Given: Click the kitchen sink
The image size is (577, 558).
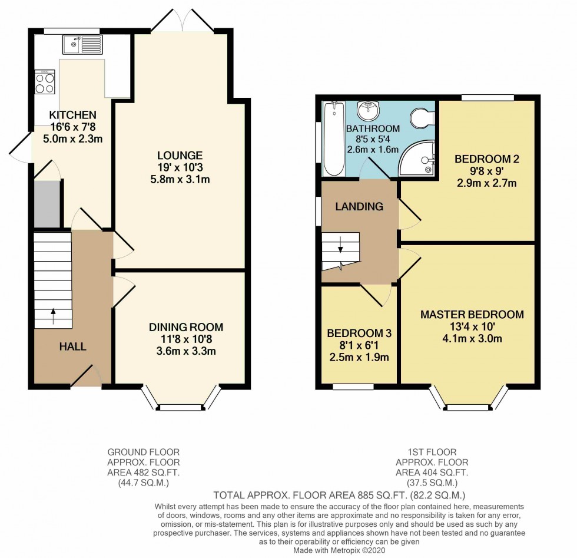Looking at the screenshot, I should (x=83, y=44).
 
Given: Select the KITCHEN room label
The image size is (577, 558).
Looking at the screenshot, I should (x=72, y=114).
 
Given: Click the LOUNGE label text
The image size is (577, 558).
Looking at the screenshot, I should (x=180, y=156).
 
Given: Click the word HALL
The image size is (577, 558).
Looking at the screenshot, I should (x=72, y=346).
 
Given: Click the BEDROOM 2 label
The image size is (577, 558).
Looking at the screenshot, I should (x=487, y=159).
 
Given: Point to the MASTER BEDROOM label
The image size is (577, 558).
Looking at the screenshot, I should (x=472, y=315).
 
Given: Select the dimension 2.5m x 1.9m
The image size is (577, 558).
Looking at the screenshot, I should (x=359, y=357).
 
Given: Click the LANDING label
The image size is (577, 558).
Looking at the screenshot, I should (x=359, y=206).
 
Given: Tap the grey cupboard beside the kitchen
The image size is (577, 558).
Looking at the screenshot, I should (x=47, y=204).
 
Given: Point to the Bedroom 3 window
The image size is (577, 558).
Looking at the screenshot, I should (x=353, y=387).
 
